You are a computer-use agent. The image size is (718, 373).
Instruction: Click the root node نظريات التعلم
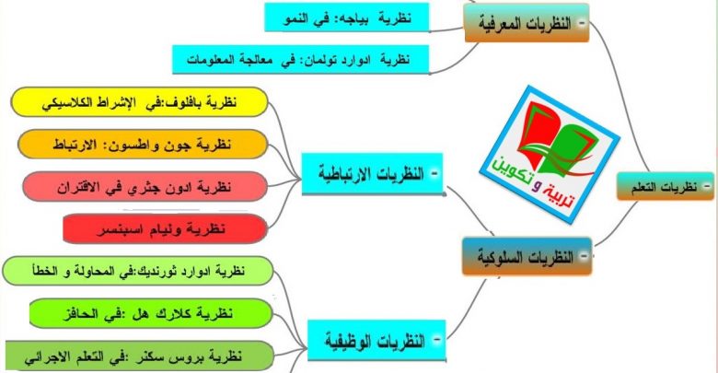(x=665, y=186)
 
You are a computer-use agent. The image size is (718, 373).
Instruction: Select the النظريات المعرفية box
(x=527, y=23)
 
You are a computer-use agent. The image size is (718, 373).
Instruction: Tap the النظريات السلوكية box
(x=527, y=256)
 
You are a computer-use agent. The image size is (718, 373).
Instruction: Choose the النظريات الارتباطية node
(x=372, y=174)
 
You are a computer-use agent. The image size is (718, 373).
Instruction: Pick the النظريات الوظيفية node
(x=376, y=341)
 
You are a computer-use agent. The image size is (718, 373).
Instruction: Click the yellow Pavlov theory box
(x=139, y=101)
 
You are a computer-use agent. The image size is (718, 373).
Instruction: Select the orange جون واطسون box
(x=143, y=145)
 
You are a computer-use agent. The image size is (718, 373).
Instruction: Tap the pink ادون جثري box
(x=145, y=186)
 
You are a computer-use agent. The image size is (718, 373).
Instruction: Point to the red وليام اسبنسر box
(x=165, y=228)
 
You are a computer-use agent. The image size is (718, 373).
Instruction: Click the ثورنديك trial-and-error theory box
(x=138, y=271)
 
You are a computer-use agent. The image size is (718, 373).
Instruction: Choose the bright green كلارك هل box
(x=151, y=313)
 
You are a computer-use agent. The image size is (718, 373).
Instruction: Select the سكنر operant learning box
(x=139, y=356)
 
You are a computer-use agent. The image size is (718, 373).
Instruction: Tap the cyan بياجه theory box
(x=347, y=17)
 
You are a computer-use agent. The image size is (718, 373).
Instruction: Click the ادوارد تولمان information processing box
(x=300, y=59)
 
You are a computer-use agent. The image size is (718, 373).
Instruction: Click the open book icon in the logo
(x=552, y=136)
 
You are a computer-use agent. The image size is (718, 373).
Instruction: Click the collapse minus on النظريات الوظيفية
(x=436, y=340)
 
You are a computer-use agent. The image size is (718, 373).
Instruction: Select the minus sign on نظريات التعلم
(x=707, y=186)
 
